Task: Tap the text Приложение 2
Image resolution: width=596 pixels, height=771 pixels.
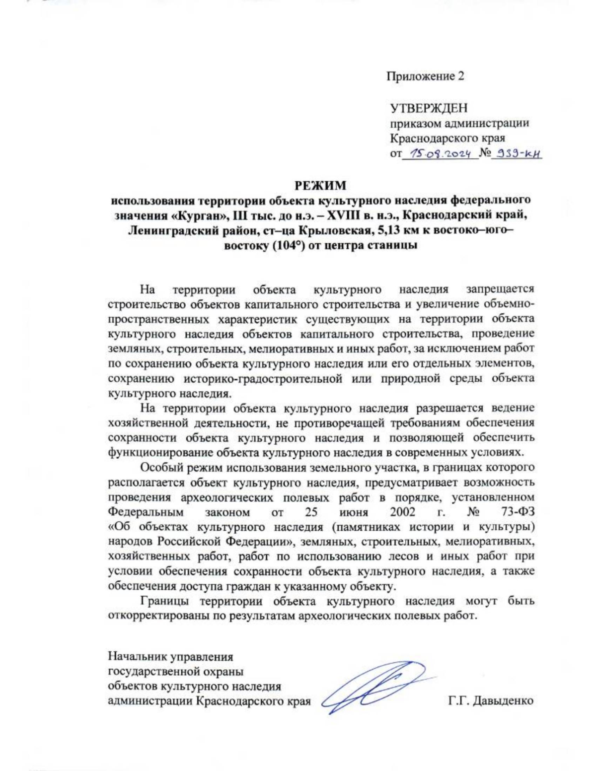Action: (426, 76)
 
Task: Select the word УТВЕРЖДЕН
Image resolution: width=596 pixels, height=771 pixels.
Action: (428, 108)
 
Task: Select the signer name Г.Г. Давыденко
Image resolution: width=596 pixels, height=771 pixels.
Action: (491, 701)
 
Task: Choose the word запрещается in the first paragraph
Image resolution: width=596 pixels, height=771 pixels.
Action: (500, 289)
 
